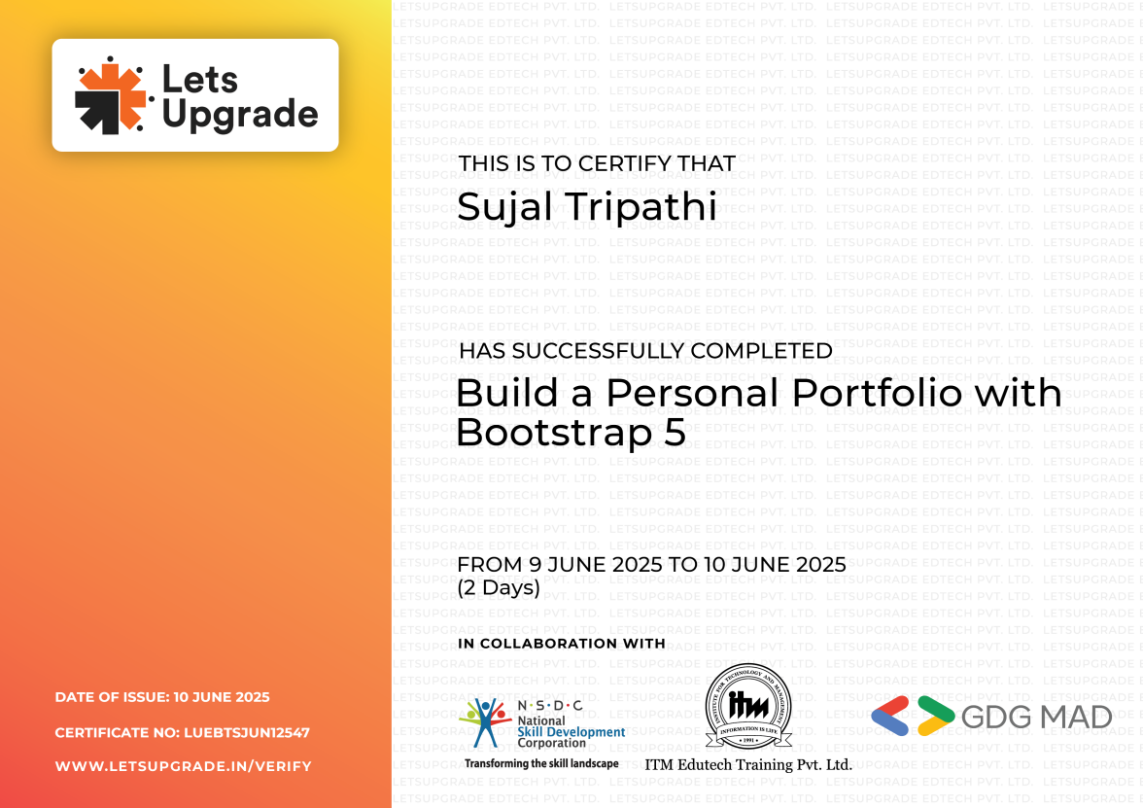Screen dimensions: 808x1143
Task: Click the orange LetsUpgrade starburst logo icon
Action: tap(110, 95)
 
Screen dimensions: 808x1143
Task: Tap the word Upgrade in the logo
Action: tap(239, 115)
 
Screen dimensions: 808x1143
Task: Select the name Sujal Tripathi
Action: tap(587, 206)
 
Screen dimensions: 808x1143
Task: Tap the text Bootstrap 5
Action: tap(571, 432)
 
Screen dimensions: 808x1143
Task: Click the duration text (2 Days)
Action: tap(499, 587)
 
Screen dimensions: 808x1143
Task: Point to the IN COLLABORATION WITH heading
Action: tap(562, 644)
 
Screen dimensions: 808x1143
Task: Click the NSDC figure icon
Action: tap(483, 724)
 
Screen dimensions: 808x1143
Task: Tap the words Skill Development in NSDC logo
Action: tap(571, 732)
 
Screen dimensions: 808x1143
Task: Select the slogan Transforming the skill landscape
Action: tap(541, 763)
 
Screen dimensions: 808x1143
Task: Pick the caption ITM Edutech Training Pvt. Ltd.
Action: tap(748, 765)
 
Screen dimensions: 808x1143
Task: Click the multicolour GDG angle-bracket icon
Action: tap(913, 717)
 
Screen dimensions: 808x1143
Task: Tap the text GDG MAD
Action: tap(1036, 718)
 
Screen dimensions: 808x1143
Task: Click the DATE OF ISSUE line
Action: tap(162, 697)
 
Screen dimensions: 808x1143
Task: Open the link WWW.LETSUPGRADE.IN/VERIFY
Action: tap(184, 766)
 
